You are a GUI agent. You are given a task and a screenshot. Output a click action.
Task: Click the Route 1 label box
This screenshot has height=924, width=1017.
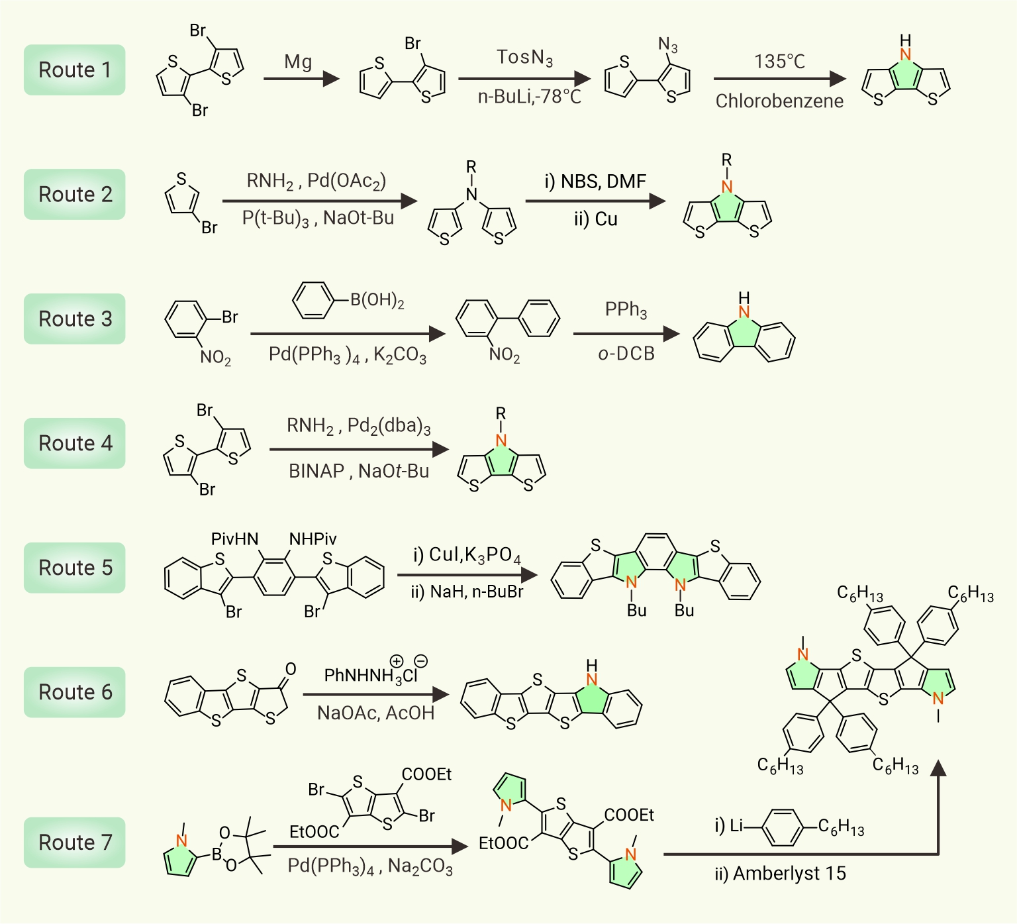75,70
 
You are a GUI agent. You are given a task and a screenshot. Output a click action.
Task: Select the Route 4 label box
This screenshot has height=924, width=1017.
75,443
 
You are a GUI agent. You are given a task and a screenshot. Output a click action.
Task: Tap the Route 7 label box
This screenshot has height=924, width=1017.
75,843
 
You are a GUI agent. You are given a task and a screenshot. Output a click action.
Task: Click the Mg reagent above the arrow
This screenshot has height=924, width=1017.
298,63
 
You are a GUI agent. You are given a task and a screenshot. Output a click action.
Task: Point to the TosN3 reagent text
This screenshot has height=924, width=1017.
524,58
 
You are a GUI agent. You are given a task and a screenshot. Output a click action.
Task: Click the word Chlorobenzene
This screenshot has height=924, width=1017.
779,101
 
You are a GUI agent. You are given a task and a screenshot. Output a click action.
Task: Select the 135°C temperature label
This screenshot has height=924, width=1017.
779,62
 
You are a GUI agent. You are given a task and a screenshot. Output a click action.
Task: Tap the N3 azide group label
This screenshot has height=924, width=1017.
668,45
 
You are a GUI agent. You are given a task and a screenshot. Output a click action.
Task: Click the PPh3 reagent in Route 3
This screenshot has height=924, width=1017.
626,310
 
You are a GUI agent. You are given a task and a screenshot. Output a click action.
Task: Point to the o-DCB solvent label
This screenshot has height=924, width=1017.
626,354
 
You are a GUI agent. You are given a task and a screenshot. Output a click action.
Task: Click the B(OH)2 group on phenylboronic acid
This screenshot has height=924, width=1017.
377,301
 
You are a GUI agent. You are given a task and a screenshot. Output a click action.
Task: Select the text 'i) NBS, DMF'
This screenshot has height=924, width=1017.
595,181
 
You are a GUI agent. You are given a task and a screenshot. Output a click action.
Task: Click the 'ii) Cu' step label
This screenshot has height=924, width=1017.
595,219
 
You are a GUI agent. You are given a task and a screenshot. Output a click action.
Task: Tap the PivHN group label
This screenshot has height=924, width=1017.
234,539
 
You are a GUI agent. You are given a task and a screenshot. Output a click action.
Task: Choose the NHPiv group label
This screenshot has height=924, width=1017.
313,539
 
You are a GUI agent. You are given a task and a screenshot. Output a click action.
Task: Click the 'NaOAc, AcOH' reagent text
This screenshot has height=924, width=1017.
375,713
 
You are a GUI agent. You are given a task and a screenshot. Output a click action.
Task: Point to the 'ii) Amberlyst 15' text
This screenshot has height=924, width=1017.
780,874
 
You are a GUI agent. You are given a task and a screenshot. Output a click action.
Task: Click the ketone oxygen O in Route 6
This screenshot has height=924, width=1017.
290,669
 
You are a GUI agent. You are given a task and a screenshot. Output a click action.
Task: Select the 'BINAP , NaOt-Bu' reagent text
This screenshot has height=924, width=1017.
359,471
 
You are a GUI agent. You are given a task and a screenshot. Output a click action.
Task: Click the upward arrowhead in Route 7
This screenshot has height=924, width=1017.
938,768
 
